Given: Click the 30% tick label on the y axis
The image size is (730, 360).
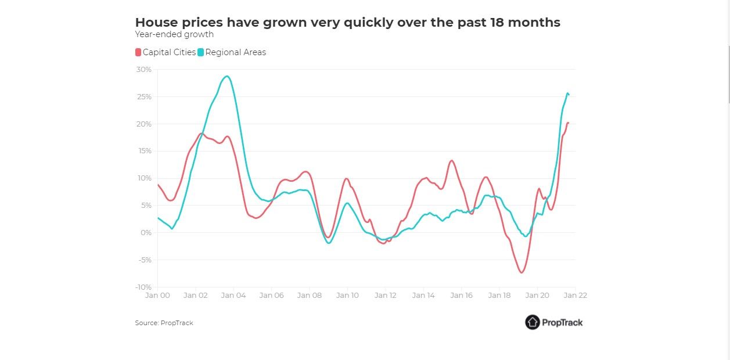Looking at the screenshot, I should (144, 70).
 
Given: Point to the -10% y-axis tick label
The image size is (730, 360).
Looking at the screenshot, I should (143, 287).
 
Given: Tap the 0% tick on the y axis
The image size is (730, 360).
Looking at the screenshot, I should (146, 233).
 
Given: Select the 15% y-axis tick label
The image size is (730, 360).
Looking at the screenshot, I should (144, 151).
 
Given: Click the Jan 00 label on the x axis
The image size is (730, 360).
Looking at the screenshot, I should (157, 295).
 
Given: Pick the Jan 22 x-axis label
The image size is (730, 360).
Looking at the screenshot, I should (576, 295).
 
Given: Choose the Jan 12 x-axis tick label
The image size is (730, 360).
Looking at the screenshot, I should (385, 295).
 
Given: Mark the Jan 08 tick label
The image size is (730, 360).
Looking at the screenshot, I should (309, 295).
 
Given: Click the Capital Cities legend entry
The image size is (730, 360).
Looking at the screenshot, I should (169, 52).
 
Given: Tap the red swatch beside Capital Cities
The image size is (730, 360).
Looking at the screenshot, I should (138, 52).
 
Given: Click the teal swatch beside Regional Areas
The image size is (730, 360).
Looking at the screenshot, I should (201, 52).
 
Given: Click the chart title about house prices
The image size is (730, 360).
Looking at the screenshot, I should (347, 23).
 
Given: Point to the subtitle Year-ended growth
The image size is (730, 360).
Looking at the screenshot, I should (174, 35).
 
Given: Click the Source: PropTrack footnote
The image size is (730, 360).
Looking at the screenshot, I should (164, 323).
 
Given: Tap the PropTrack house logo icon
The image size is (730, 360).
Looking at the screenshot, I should (533, 322).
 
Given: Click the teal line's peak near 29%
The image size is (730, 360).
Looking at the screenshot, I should (227, 76).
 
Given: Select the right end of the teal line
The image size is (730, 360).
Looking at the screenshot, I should (569, 95).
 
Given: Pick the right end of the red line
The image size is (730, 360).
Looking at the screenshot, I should (568, 123).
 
